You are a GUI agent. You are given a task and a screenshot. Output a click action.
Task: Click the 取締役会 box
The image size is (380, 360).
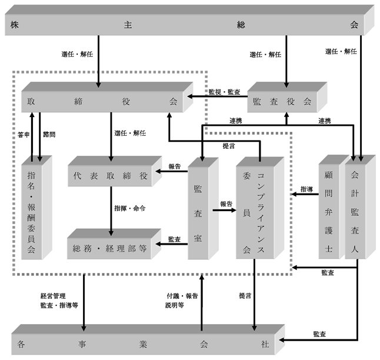tap(107, 97)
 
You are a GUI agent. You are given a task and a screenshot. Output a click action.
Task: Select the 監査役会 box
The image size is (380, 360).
tap(287, 97)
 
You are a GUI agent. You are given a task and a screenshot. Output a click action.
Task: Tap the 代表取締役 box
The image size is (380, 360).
tap(115, 171)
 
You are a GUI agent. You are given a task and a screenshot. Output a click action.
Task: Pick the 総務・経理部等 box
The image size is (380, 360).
tap(114, 244)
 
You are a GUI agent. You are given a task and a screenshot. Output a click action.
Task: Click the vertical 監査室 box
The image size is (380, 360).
tap(203, 208)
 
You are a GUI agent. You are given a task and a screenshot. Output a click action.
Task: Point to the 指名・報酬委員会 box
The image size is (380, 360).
tap(36, 208)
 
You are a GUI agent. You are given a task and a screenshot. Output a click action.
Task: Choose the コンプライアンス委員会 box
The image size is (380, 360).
tap(260, 208)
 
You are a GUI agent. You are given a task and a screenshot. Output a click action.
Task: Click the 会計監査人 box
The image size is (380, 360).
tap(360, 207)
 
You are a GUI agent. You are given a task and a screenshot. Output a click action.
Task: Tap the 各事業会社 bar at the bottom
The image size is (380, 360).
tap(148, 339)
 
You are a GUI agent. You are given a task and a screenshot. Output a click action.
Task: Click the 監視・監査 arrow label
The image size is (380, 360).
tap(225, 92)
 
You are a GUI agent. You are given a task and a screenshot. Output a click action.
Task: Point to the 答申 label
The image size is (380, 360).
tap(24, 135)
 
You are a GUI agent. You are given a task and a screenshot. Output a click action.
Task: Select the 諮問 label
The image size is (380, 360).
tap(49, 134)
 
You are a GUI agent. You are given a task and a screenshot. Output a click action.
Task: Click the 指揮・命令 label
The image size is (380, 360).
tap(130, 208)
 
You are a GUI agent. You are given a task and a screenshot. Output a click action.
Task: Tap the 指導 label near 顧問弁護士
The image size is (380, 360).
tap(306, 189)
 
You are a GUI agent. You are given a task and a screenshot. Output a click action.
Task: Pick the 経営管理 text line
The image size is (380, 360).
tap(53, 296)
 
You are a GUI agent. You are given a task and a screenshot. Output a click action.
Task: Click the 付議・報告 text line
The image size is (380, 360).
tap(182, 296)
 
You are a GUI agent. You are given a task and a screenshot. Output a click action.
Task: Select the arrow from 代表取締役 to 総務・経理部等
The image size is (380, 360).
tap(111, 211)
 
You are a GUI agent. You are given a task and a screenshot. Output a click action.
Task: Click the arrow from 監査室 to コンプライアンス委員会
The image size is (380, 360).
tap(225, 210)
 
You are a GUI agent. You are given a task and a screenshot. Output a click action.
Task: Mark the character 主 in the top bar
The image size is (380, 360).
tap(128, 25)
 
